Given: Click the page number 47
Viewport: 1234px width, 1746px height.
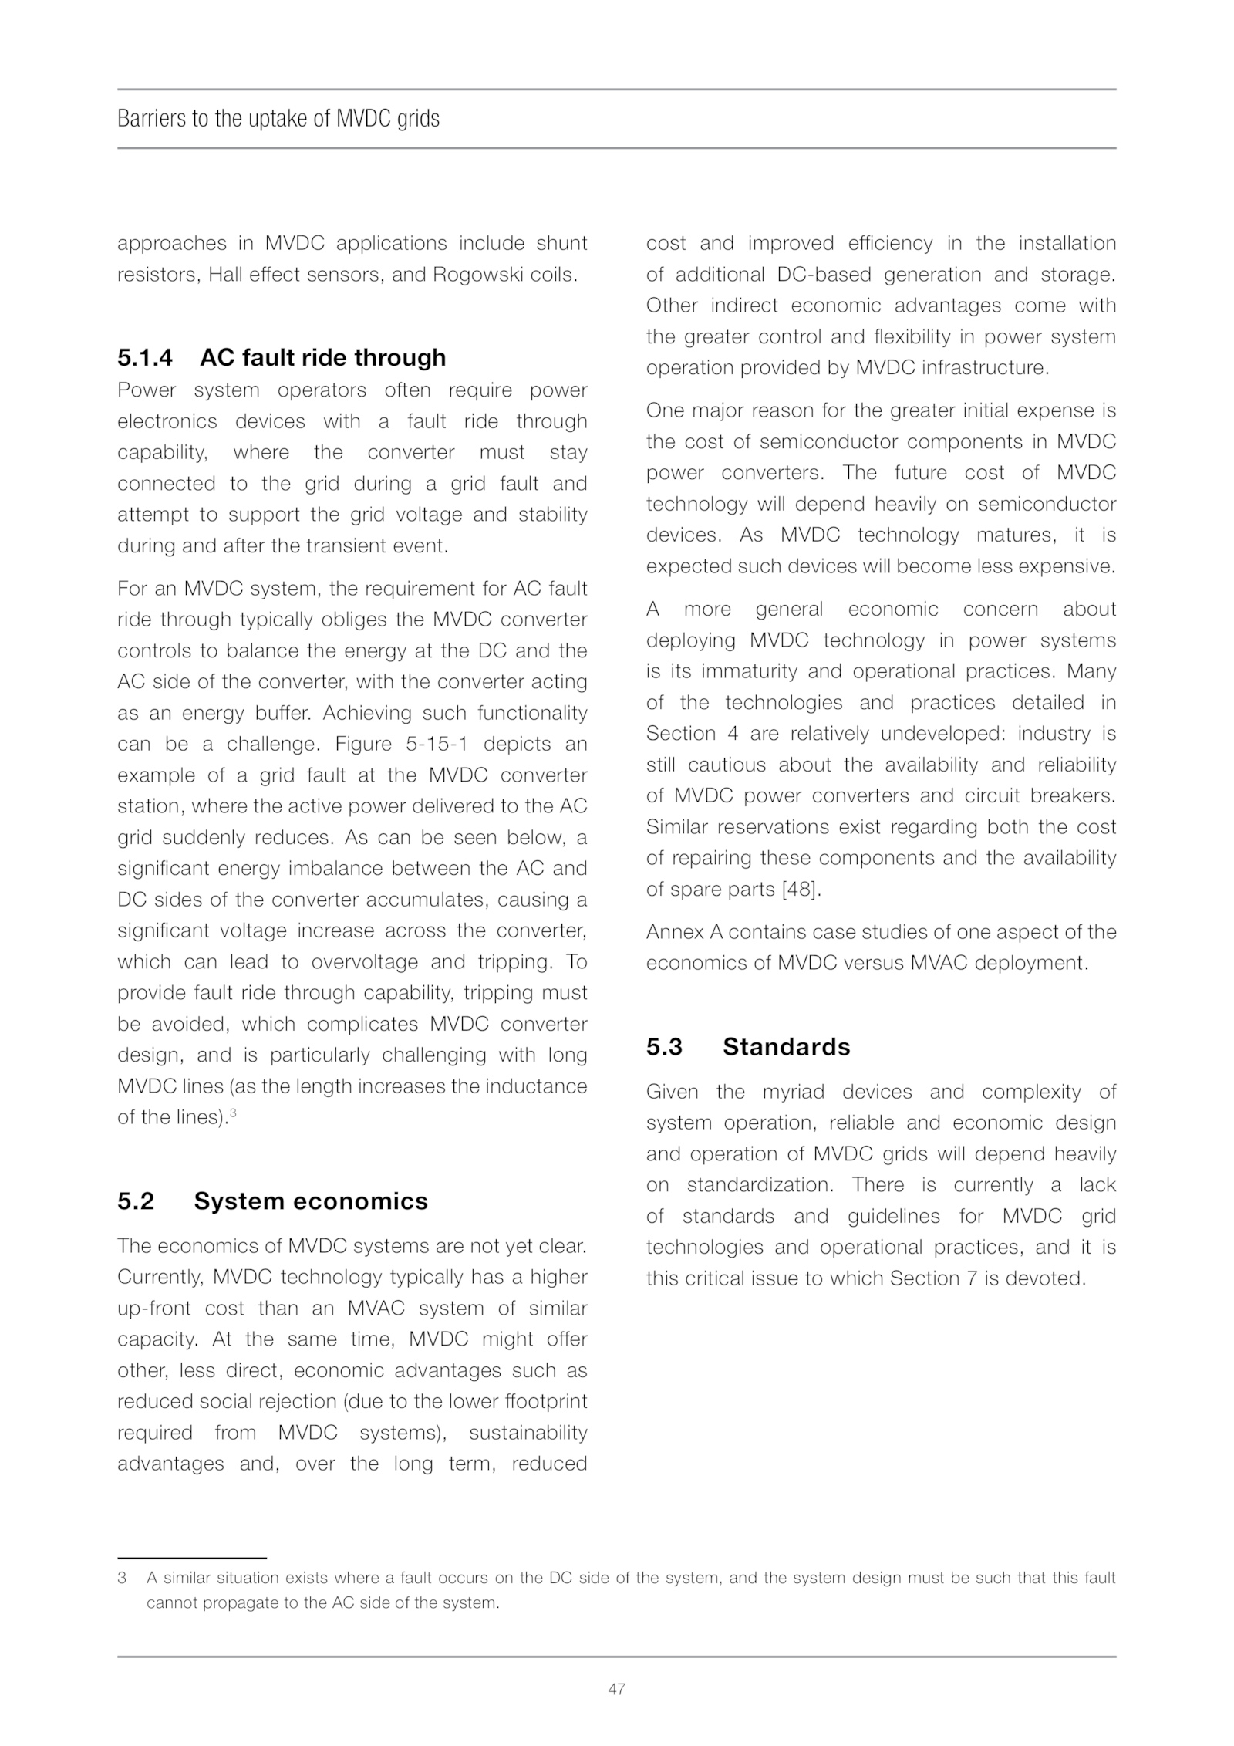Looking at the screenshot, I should [x=616, y=1689].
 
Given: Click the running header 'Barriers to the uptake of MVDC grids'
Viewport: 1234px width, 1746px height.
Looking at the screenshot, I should [x=278, y=119].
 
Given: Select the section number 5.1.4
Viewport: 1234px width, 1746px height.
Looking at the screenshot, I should [x=145, y=358].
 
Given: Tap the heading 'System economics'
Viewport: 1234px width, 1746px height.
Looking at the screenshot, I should [x=311, y=1201].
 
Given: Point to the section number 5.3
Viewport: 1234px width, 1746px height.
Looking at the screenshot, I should [x=664, y=1047].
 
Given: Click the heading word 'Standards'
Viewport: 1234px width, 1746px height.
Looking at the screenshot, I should [x=786, y=1047].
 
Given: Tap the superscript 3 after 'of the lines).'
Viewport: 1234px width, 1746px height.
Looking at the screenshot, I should [x=233, y=1113].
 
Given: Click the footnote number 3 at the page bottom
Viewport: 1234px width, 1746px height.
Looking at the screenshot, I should [x=122, y=1579].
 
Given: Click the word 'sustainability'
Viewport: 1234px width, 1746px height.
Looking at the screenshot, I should [x=528, y=1433].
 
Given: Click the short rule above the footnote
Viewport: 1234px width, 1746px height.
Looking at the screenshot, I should [x=191, y=1558].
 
